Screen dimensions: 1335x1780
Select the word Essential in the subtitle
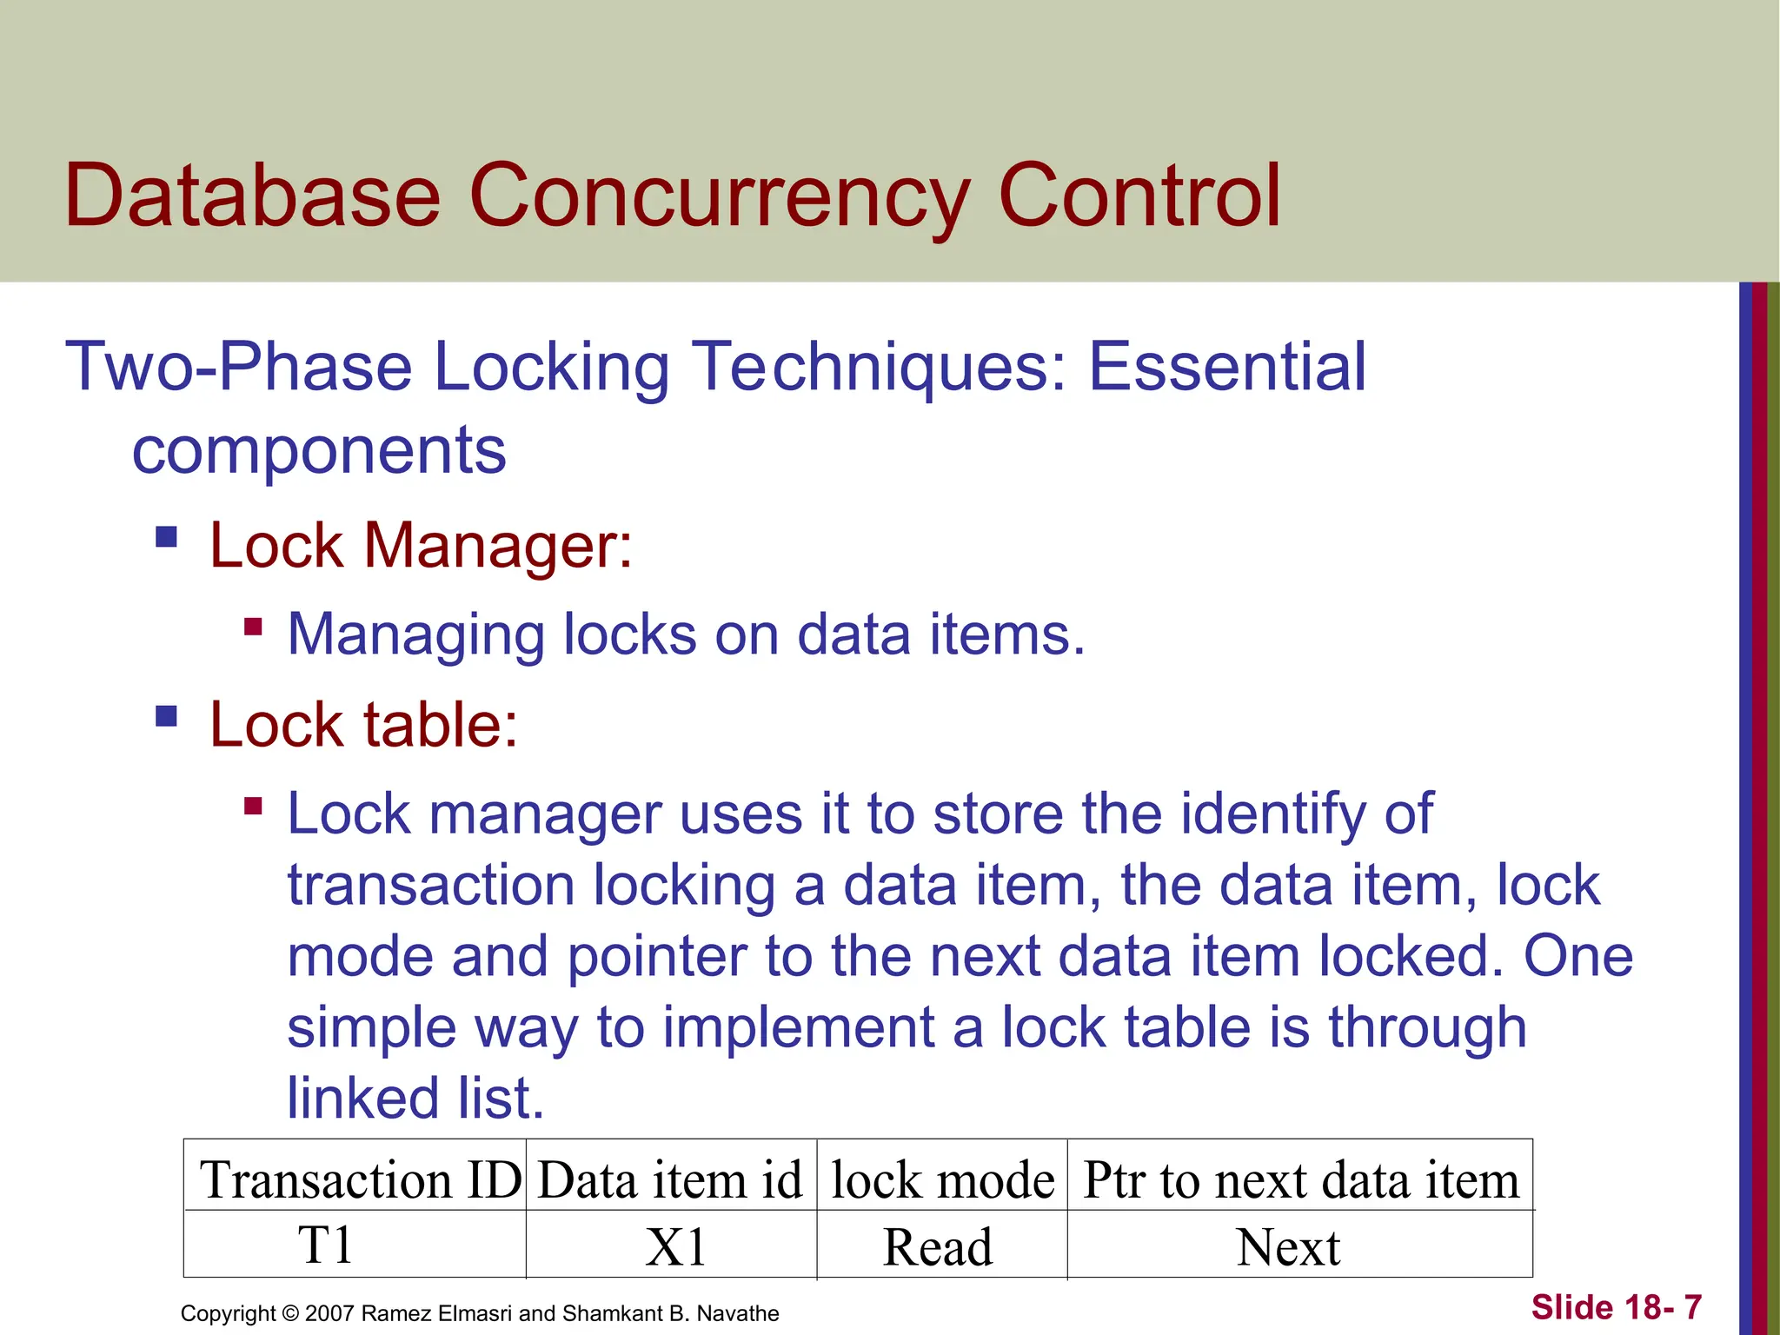click(1227, 367)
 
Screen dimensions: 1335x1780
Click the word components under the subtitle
click(318, 451)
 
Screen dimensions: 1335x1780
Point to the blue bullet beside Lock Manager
click(166, 536)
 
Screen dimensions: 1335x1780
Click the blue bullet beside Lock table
click(166, 716)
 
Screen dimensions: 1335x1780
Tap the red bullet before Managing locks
click(253, 627)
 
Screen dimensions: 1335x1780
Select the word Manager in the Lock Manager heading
click(498, 546)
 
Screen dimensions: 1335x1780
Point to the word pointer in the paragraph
click(658, 957)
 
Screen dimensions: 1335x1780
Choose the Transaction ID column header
click(360, 1180)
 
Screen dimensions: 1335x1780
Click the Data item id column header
click(669, 1180)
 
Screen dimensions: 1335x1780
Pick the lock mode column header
click(942, 1180)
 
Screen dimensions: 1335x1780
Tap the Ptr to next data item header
click(1300, 1180)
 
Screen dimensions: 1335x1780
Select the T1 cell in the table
click(325, 1245)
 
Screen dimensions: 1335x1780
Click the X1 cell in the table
click(675, 1247)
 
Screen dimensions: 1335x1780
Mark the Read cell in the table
click(937, 1247)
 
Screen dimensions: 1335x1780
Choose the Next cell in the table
click(1288, 1247)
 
